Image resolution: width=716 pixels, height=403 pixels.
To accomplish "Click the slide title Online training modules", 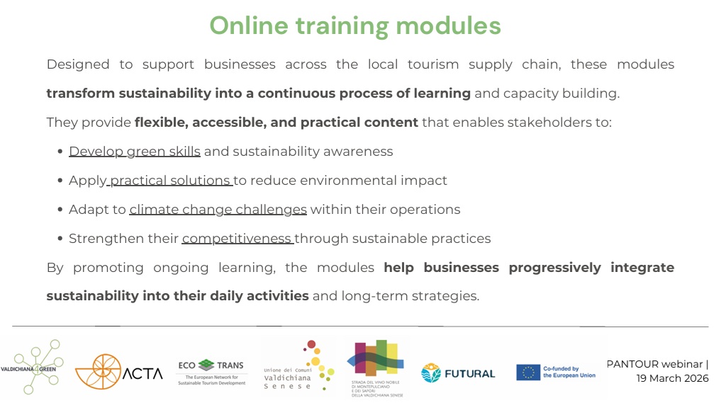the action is tap(354, 26).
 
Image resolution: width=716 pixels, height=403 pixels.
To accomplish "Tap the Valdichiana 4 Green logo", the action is tap(31, 366).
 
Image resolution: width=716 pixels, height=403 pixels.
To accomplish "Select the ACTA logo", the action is tap(118, 372).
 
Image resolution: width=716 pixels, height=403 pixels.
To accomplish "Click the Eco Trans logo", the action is tap(211, 372).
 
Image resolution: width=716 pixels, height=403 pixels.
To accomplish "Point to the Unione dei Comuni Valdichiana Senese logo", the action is tap(298, 365).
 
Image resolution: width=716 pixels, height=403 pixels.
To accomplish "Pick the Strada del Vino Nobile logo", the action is tap(376, 368).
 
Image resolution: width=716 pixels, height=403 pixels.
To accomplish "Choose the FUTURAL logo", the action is tap(458, 373).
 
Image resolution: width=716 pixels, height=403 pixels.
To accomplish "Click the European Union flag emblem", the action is tap(528, 373).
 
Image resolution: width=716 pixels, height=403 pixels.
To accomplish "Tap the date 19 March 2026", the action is tap(672, 378).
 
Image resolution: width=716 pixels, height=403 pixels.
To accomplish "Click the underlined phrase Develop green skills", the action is tap(135, 152).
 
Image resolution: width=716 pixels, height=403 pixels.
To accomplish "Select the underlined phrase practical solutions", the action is tap(170, 181).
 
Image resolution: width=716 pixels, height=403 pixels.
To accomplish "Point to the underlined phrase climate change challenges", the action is tap(218, 210).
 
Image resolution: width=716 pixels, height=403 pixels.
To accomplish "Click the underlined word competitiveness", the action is tap(237, 239).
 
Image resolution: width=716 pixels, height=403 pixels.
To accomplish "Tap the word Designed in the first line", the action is tap(78, 65).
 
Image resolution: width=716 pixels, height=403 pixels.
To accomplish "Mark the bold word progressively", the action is tap(555, 268).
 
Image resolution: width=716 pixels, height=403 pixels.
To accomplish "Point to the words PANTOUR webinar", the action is tap(654, 364).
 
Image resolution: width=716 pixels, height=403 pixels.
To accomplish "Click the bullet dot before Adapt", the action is tap(60, 210).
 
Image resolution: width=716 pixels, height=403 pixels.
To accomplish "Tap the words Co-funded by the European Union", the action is tap(569, 372).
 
